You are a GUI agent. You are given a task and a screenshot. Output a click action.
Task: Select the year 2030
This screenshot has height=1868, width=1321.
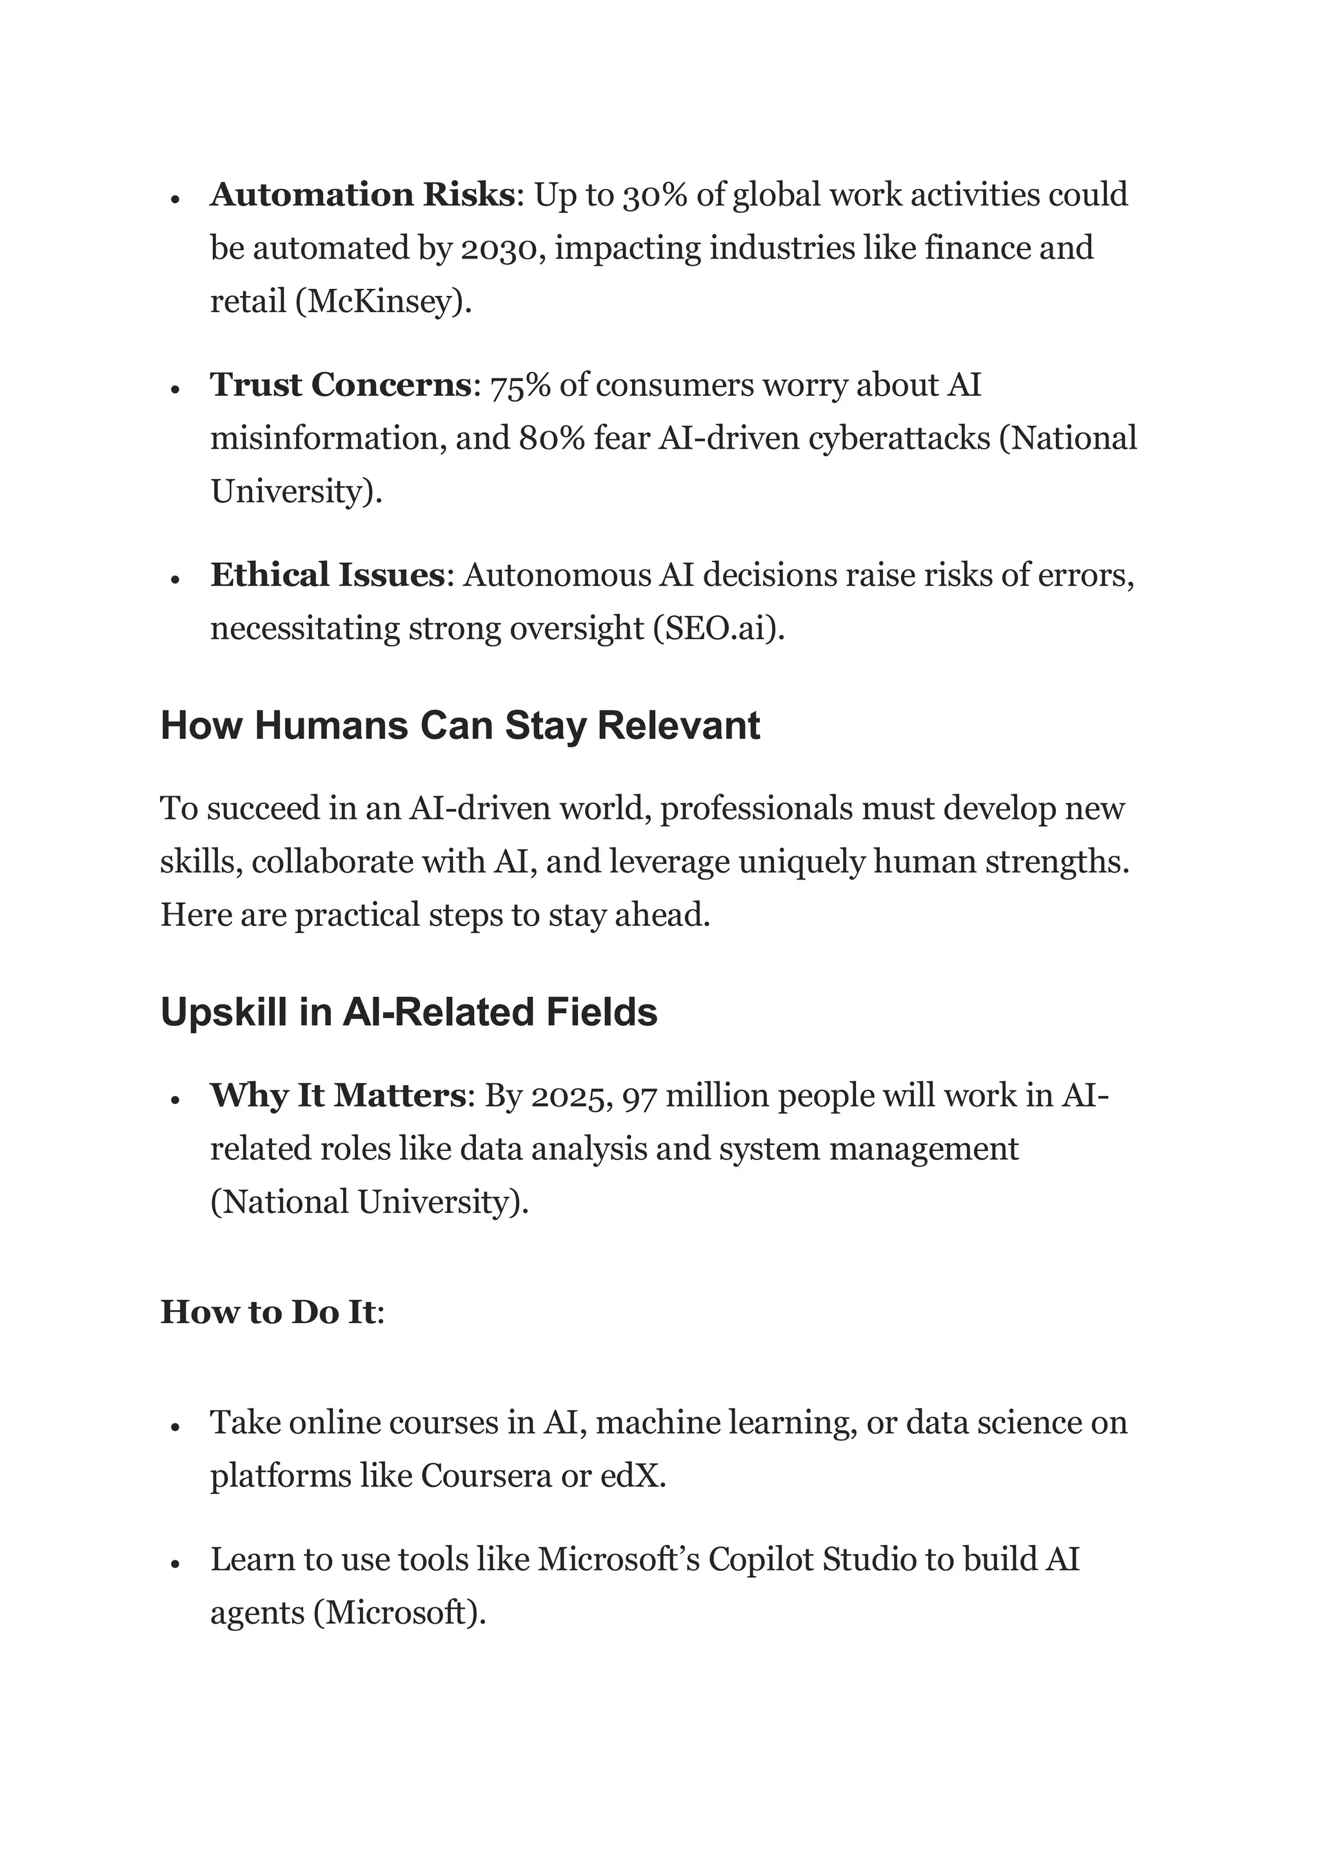498,248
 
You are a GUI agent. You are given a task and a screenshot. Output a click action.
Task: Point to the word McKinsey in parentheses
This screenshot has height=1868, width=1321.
381,302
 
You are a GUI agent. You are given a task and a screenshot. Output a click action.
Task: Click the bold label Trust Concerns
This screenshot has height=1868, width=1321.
340,386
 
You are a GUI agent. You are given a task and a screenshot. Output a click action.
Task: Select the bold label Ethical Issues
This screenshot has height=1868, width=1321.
327,576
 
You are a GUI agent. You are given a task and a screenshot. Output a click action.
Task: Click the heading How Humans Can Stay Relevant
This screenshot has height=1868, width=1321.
460,725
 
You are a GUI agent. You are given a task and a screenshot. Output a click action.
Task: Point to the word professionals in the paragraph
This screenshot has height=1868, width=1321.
756,809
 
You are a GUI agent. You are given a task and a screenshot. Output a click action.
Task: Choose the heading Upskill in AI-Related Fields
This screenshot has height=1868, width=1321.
408,1012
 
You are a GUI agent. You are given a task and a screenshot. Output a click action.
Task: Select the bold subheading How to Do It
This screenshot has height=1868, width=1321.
268,1312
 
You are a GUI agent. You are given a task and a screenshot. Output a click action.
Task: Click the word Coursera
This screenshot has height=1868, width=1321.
486,1476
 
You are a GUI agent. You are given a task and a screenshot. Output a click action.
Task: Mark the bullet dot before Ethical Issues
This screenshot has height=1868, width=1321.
174,578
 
